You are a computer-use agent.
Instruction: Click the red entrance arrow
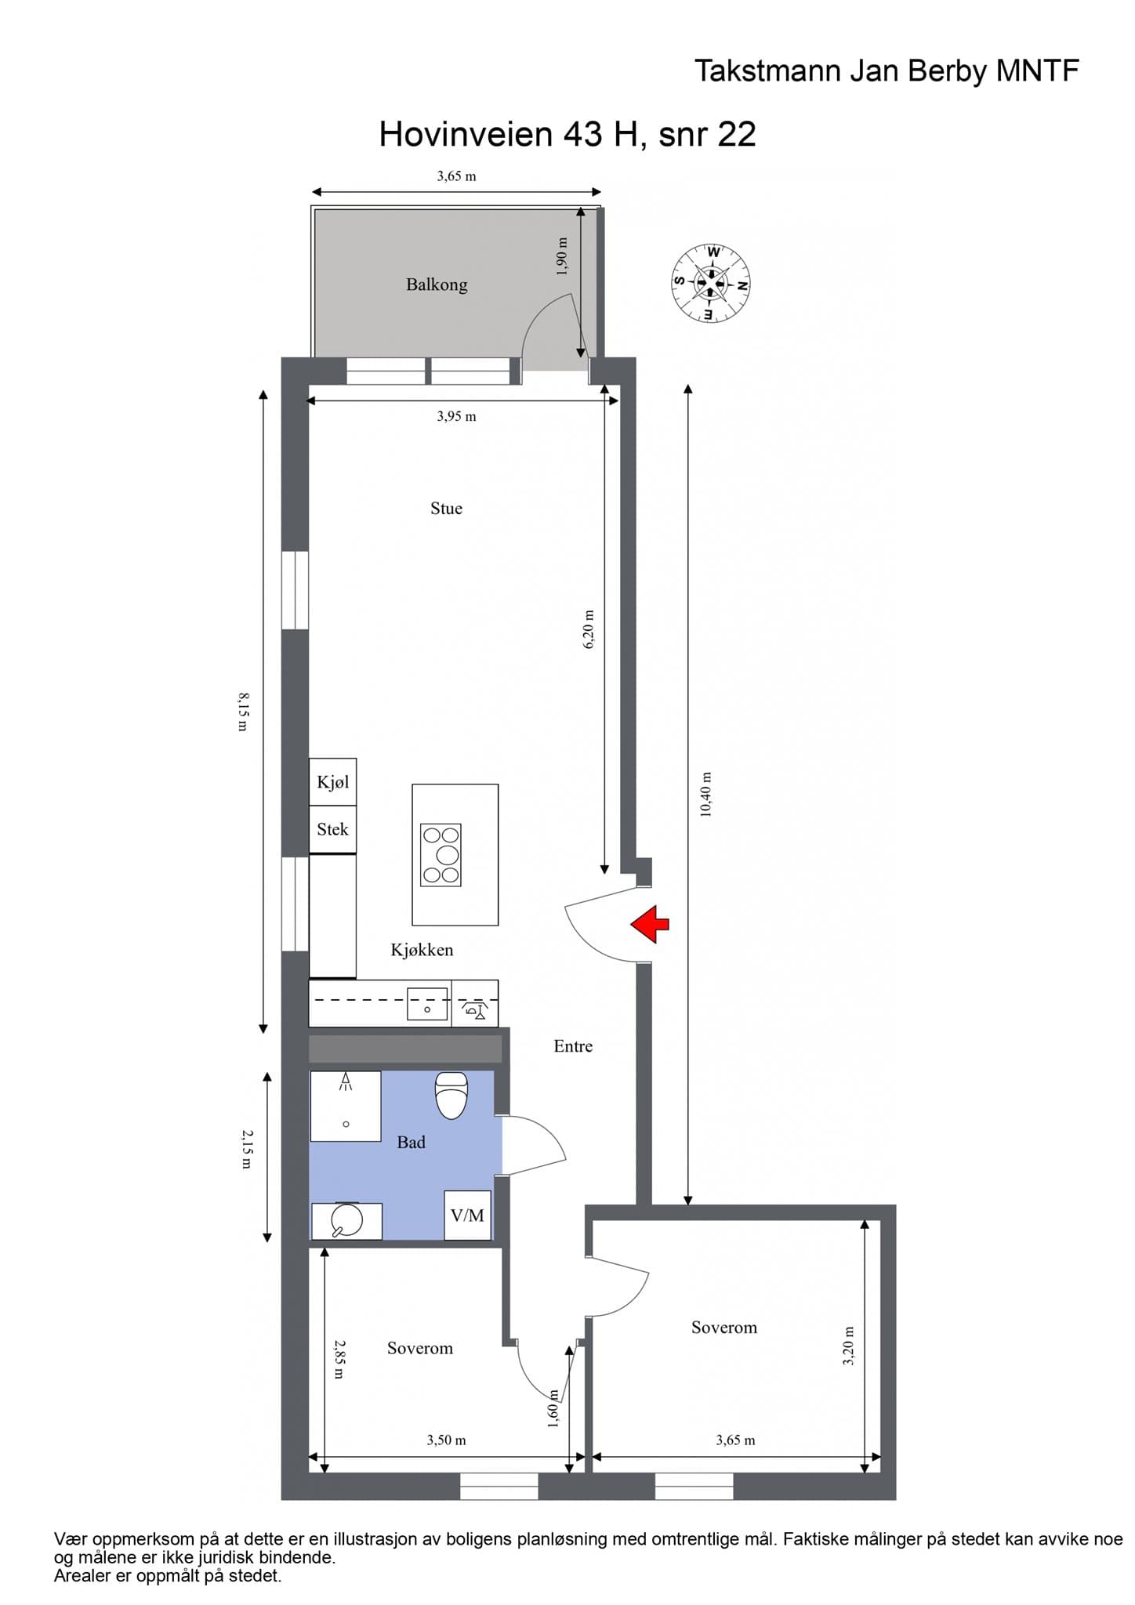[x=650, y=924]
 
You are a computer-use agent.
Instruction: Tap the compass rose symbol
[x=711, y=283]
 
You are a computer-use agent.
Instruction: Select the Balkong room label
[x=437, y=284]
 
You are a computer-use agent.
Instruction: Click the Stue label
[x=446, y=508]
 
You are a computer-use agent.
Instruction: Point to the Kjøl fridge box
[x=333, y=782]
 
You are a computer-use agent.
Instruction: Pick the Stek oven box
[x=333, y=829]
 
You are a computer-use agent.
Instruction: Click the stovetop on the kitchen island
[x=441, y=854]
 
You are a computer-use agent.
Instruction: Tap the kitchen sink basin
[x=427, y=1005]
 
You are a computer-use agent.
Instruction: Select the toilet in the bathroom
[x=451, y=1095]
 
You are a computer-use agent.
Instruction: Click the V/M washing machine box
[x=468, y=1215]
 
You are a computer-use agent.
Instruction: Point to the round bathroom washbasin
[x=346, y=1220]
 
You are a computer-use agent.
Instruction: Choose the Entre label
[x=573, y=1046]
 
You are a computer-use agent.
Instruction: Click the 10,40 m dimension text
[x=705, y=795]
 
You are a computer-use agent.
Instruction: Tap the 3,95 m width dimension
[x=456, y=416]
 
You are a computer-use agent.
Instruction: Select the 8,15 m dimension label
[x=243, y=711]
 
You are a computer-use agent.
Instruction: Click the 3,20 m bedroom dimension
[x=848, y=1346]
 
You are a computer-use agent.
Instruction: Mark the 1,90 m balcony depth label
[x=561, y=256]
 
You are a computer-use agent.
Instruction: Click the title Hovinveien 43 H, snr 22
[x=567, y=134]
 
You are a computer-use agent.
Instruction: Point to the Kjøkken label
[x=422, y=950]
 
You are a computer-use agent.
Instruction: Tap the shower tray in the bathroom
[x=346, y=1106]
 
